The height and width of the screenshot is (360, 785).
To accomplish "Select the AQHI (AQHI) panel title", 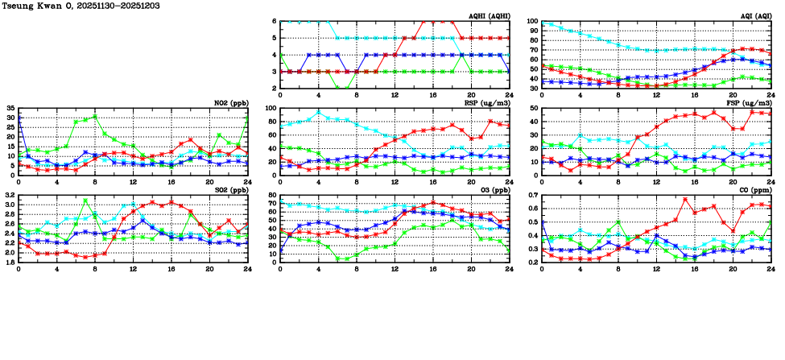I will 488,15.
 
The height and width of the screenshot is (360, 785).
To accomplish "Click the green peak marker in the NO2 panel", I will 95,116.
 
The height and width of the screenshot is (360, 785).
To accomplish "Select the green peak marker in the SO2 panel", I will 85,201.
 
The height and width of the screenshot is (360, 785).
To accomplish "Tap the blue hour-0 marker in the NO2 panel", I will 19,118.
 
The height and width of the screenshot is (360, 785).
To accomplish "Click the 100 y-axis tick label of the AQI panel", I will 533,22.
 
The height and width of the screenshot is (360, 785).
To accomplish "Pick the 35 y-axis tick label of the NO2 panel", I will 10,108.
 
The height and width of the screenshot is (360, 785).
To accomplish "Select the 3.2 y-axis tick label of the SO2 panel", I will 9,195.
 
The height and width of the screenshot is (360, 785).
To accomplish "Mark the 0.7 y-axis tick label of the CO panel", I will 532,195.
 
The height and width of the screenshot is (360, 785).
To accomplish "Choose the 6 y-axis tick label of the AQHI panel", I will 274,22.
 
